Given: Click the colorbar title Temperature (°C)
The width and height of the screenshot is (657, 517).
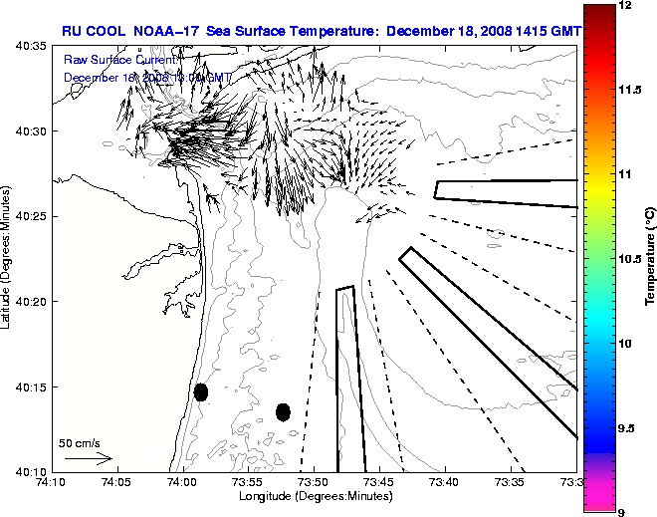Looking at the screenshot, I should [649, 259].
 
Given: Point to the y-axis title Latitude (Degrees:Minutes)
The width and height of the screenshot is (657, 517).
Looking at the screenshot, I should [8, 258].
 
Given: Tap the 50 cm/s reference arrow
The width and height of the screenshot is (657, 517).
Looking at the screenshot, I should [88, 459].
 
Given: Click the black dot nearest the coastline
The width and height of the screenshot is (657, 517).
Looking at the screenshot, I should [200, 391].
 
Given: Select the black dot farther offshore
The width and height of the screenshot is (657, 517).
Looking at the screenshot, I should [283, 411].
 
